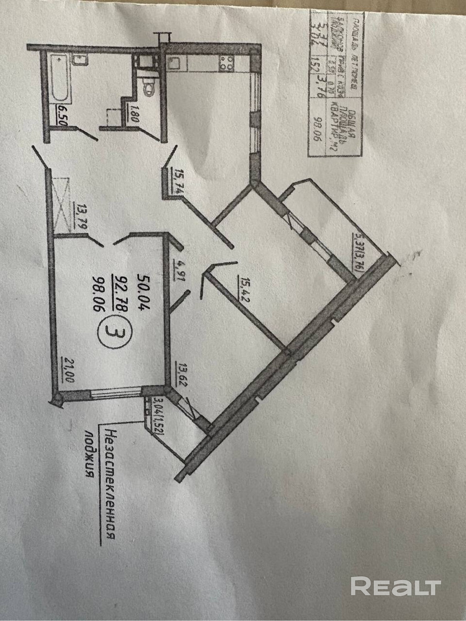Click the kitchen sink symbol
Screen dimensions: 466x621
[174, 64]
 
